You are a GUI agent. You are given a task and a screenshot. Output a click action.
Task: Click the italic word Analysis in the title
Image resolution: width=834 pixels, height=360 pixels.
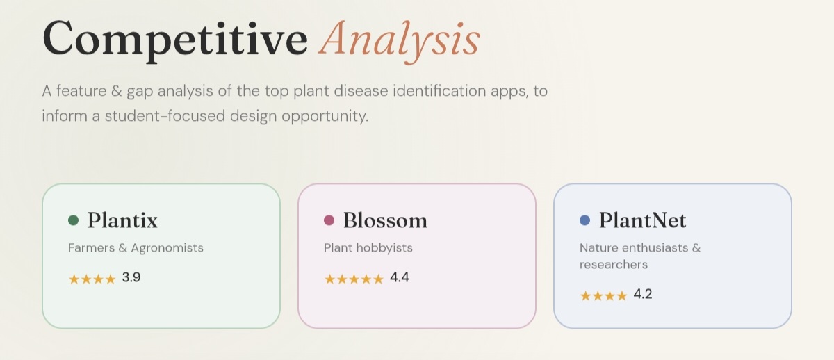399,42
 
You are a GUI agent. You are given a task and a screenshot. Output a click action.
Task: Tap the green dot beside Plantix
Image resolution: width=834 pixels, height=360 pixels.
74,220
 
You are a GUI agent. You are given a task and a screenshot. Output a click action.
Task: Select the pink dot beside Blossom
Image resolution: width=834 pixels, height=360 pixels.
329,220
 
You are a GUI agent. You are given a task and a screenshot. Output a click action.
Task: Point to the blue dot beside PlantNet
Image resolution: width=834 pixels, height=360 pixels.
585,220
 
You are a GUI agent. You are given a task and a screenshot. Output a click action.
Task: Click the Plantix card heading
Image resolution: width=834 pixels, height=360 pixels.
122,220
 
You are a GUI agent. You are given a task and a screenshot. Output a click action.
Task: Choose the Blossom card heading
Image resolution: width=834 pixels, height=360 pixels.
385,220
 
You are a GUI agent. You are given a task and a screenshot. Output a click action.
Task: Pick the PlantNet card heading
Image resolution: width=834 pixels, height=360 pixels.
642,220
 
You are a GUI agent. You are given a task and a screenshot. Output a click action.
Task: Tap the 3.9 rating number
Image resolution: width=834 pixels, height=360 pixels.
131,277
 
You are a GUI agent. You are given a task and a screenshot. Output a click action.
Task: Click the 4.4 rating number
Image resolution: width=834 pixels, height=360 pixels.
400,277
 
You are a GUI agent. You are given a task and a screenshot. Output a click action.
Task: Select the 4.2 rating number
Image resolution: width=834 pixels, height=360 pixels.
643,294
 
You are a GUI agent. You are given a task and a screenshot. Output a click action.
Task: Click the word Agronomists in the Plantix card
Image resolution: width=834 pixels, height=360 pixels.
167,248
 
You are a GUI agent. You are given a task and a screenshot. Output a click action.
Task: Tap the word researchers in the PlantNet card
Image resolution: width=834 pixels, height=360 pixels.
614,265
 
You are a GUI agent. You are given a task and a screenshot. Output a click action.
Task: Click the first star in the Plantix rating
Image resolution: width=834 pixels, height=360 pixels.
74,279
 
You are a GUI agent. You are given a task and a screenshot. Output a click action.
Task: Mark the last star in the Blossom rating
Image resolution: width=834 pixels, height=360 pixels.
378,279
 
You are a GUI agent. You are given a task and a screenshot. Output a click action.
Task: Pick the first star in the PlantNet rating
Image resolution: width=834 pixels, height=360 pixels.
586,295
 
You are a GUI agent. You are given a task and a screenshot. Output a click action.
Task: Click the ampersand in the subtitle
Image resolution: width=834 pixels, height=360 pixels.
117,91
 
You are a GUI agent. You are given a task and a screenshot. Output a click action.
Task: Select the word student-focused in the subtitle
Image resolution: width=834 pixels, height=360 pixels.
165,116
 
